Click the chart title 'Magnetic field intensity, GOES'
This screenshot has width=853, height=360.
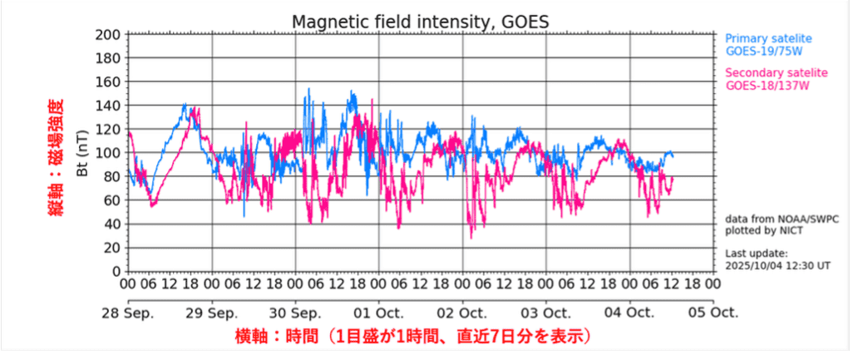420,21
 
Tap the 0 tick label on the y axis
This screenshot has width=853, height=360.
117,271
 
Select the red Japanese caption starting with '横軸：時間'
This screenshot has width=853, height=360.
413,337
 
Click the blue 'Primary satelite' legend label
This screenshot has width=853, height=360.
768,38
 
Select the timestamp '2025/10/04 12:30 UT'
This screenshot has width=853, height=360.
778,266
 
